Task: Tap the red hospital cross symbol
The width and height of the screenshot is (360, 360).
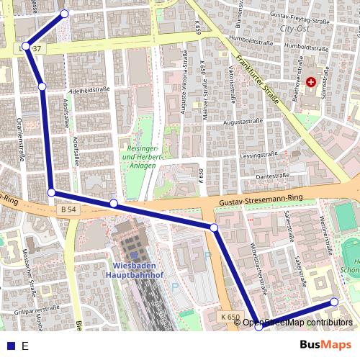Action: pos(310,83)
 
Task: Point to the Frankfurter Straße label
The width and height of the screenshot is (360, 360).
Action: pos(260,83)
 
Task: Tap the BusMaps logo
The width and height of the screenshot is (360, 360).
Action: pos(325,345)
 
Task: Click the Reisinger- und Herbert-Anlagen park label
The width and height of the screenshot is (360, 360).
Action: pos(142,150)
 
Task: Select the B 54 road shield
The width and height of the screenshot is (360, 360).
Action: pos(68,208)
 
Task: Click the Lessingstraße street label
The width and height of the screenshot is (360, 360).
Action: pos(259,155)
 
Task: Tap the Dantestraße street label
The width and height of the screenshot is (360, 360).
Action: pos(271,175)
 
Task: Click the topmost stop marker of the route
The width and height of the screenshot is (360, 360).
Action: pos(64,14)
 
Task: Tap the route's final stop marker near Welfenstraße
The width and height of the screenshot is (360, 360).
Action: pos(334,302)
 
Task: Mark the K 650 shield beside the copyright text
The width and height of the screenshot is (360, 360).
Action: pos(230,317)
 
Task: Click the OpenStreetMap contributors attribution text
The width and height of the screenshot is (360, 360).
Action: pos(297,323)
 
